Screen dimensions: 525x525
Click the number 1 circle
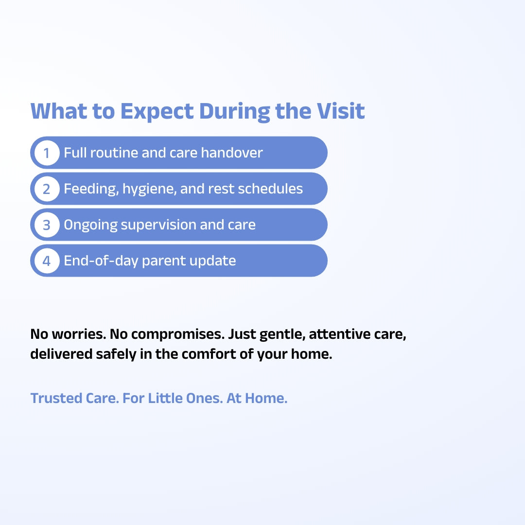[47, 153]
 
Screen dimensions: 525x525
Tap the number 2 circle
[47, 189]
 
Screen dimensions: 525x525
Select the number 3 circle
[47, 225]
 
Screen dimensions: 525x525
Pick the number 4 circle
[47, 261]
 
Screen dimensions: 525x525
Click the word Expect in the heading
[157, 111]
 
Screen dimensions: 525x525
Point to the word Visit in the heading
[341, 111]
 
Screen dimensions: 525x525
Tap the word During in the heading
[234, 111]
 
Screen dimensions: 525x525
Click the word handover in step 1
[232, 153]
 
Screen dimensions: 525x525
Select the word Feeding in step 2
[91, 189]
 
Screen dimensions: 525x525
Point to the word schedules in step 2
[270, 189]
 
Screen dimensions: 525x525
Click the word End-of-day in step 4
[101, 261]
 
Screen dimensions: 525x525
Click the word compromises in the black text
[177, 334]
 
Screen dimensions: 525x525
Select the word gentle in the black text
[282, 334]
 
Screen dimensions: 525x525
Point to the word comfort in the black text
[209, 354]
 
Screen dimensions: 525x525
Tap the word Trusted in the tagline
[56, 398]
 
